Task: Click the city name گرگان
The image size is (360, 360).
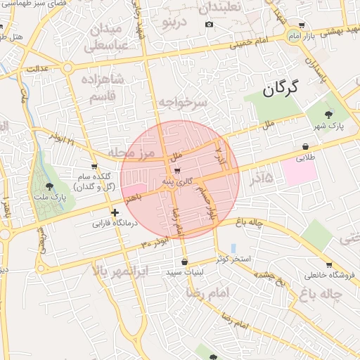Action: tap(281, 89)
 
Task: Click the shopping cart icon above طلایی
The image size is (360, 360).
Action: tap(305, 146)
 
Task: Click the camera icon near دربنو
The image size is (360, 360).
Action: tap(209, 25)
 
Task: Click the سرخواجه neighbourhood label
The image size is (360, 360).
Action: tap(182, 103)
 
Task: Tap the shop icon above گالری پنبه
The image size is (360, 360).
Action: tap(176, 171)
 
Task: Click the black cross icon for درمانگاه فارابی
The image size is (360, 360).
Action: tap(114, 212)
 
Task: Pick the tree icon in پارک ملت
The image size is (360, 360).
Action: tap(49, 186)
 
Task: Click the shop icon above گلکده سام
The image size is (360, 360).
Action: tap(94, 167)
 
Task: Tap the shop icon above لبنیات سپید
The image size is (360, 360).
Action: tap(185, 262)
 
